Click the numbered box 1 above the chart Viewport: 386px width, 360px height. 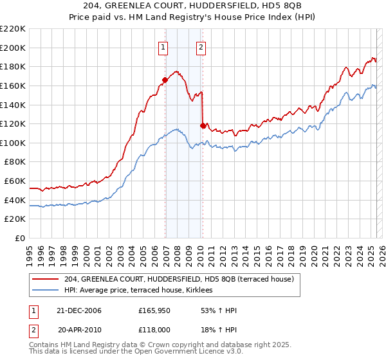coord(163,46)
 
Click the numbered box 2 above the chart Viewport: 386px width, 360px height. coord(201,46)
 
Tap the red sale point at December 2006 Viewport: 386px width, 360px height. coord(165,80)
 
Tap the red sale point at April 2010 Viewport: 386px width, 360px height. coord(203,125)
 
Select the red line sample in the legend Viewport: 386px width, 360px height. coord(46,279)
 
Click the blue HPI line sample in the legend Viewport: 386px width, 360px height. coord(46,291)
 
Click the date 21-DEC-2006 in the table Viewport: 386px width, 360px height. coord(80,310)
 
